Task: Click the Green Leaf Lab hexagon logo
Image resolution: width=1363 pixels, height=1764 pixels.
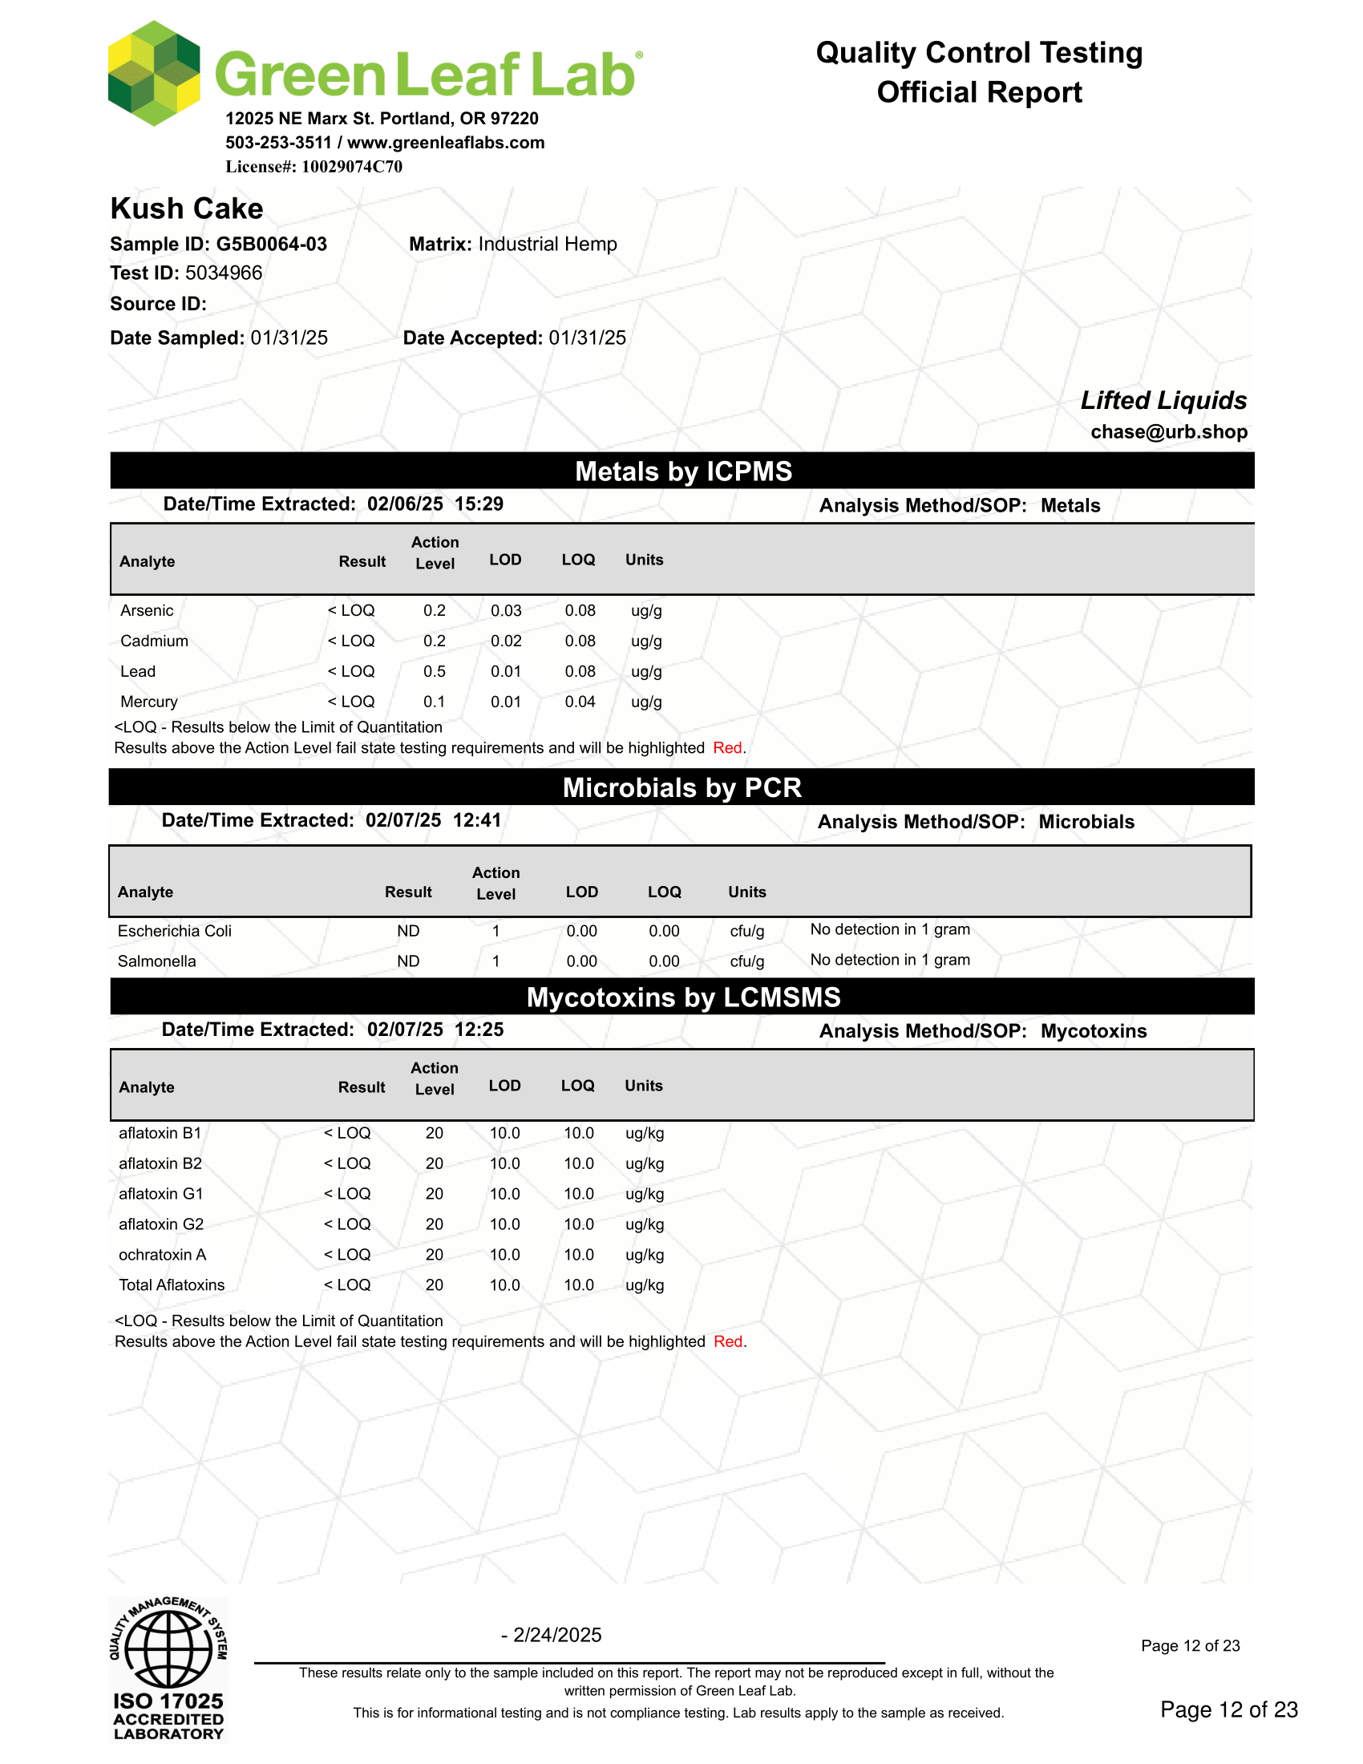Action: pyautogui.click(x=153, y=74)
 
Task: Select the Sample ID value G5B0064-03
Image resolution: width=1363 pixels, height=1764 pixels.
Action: pyautogui.click(x=271, y=244)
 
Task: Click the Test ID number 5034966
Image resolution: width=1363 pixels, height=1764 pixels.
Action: pyautogui.click(x=224, y=273)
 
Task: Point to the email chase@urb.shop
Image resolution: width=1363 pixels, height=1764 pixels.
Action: pyautogui.click(x=1168, y=432)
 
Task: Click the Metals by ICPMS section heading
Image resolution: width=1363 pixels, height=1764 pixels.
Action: pyautogui.click(x=683, y=471)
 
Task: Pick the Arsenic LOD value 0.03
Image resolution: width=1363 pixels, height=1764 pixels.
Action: pyautogui.click(x=506, y=611)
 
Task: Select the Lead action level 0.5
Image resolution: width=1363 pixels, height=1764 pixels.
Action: pyautogui.click(x=435, y=671)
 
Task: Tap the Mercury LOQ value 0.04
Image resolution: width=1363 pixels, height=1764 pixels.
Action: pyautogui.click(x=580, y=702)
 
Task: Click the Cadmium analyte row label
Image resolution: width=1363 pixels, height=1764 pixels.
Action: pyautogui.click(x=154, y=641)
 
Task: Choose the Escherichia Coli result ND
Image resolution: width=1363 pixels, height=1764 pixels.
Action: pyautogui.click(x=408, y=931)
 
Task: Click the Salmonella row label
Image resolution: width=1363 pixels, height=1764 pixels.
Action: pyautogui.click(x=156, y=961)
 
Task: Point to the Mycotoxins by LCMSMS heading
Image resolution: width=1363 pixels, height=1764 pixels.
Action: pyautogui.click(x=683, y=997)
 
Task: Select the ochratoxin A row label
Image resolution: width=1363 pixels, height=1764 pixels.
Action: pyautogui.click(x=162, y=1254)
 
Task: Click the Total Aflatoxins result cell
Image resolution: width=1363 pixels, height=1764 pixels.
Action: pyautogui.click(x=347, y=1285)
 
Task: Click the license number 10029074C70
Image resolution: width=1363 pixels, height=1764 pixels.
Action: pyautogui.click(x=351, y=167)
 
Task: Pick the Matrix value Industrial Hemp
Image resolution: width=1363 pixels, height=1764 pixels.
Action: pyautogui.click(x=548, y=244)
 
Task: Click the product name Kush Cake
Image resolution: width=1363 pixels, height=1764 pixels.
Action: pyautogui.click(x=187, y=208)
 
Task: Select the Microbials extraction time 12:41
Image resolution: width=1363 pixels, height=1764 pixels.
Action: pyautogui.click(x=477, y=820)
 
